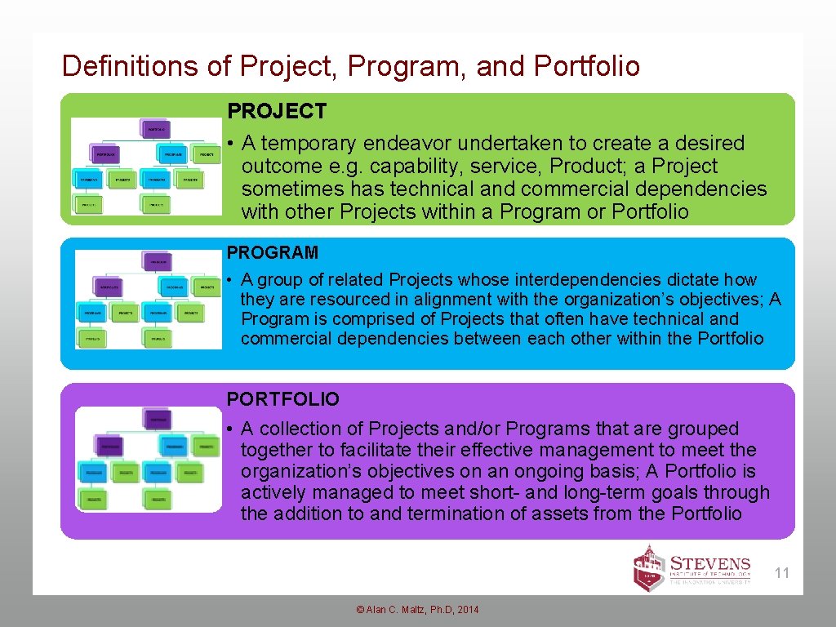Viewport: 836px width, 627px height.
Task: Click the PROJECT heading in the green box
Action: point(276,111)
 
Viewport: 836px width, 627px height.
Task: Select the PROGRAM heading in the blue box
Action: point(272,253)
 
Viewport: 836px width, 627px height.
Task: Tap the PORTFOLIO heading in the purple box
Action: point(282,399)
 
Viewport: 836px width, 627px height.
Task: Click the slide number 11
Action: point(782,573)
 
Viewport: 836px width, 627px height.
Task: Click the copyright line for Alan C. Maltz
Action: point(417,610)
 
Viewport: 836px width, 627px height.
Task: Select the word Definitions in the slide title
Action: point(131,66)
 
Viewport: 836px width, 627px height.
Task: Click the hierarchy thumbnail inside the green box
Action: point(146,167)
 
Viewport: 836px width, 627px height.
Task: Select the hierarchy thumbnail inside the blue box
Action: point(148,299)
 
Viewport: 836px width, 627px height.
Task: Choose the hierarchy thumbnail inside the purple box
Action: point(148,459)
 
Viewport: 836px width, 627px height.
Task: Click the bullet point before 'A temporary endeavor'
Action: point(232,145)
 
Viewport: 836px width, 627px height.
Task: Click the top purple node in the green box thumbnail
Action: point(156,129)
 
